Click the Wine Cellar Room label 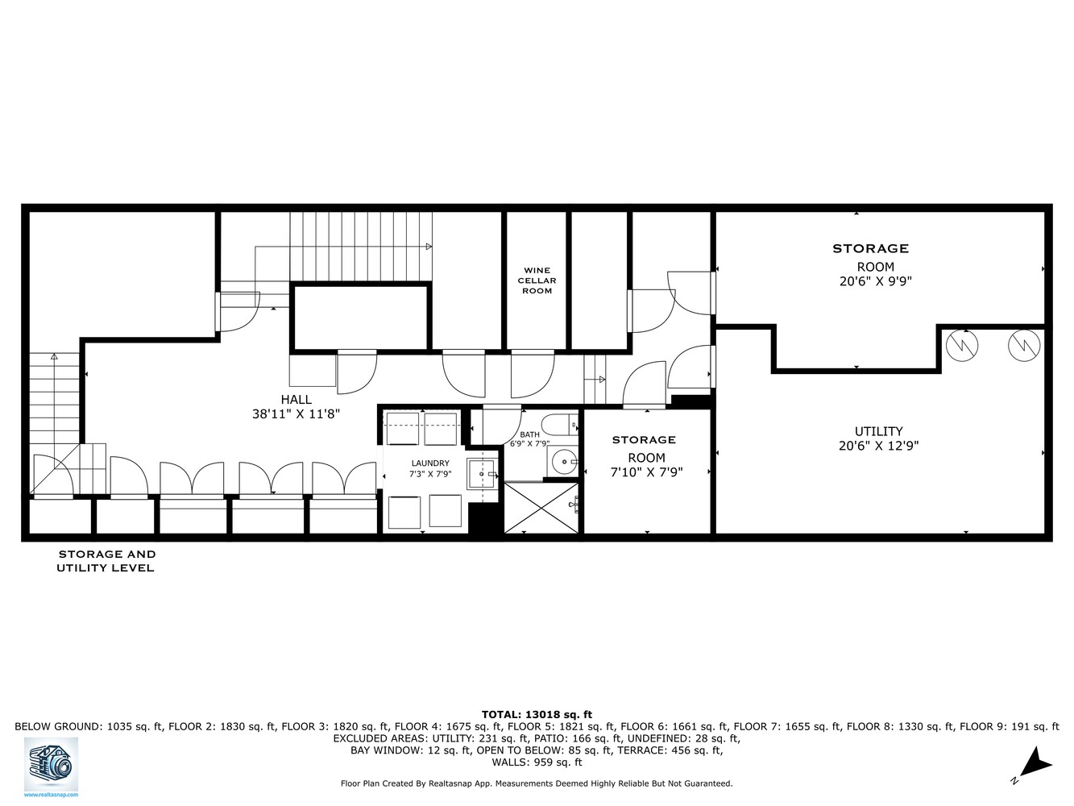point(537,280)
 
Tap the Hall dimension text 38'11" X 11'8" point(296,414)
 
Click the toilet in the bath point(558,424)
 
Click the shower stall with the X point(541,508)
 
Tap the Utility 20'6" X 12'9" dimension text point(878,445)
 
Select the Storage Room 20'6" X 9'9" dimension point(875,281)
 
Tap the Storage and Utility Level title point(106,561)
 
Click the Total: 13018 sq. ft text point(537,714)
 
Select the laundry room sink point(482,474)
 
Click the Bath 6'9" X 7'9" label point(529,439)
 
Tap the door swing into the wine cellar point(533,374)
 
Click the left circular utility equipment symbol point(961,345)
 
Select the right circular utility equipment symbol point(1024,345)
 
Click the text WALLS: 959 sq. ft point(537,762)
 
